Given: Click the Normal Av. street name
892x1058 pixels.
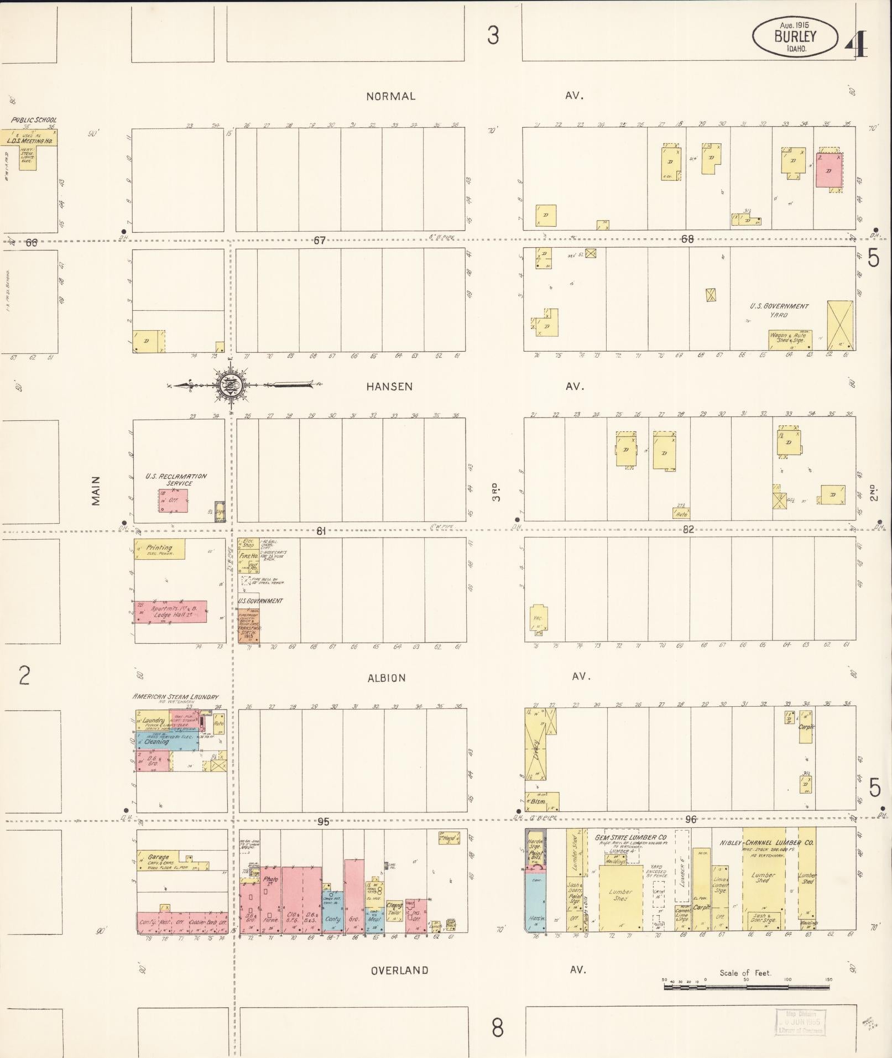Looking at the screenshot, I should (x=390, y=96).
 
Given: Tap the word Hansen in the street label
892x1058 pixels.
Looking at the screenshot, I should (x=389, y=387).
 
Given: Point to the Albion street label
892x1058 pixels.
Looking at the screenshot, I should (x=387, y=677).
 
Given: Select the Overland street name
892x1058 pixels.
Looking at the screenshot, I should (x=399, y=970).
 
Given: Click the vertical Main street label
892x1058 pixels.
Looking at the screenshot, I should (x=96, y=491).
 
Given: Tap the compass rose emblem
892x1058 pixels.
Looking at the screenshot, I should (x=228, y=385).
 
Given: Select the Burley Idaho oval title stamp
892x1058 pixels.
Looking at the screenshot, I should (x=795, y=37).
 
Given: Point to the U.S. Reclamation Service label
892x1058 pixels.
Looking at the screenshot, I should (x=176, y=480).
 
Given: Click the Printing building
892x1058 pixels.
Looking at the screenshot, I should (x=159, y=549).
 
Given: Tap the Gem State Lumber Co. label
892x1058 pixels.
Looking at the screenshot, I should (x=630, y=837).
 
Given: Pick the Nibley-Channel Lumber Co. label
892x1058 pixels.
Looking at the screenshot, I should (x=766, y=843).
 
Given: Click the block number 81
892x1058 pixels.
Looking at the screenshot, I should (x=321, y=531).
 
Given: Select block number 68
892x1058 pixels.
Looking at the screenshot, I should (x=687, y=239).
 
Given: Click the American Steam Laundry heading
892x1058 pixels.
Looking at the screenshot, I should (x=176, y=697).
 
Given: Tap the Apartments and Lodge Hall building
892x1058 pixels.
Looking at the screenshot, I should (x=170, y=611).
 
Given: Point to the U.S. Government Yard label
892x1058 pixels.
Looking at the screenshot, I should (x=779, y=310).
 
